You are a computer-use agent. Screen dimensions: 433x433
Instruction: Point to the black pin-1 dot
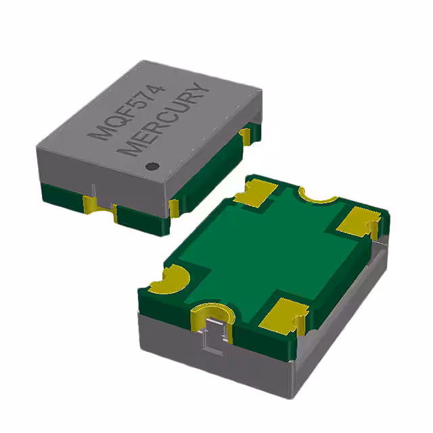coord(154,165)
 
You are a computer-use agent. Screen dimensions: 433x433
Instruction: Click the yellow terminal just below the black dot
coord(173,207)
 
